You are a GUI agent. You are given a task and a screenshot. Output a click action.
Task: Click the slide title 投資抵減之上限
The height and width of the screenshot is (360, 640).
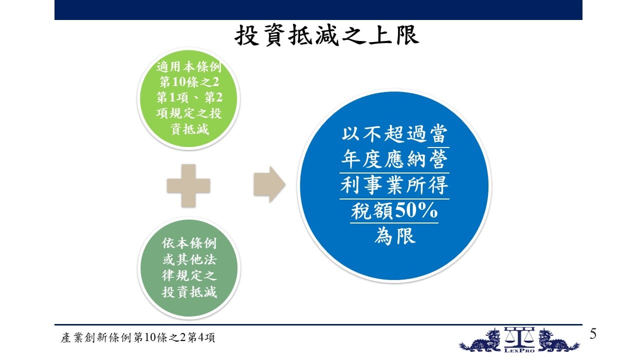click(x=327, y=35)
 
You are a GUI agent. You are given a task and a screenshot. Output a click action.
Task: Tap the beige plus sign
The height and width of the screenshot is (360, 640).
click(x=188, y=185)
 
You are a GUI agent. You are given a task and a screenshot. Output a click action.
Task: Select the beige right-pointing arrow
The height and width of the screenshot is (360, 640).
click(x=269, y=184)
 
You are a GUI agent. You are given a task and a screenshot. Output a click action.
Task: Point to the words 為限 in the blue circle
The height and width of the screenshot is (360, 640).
click(x=394, y=236)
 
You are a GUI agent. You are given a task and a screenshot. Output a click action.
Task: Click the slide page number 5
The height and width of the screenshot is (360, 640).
click(x=593, y=334)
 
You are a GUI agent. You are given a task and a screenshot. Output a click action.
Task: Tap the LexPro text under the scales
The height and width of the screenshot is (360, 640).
click(x=519, y=350)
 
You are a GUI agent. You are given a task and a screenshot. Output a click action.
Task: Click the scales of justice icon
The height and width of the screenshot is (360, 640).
click(x=519, y=337)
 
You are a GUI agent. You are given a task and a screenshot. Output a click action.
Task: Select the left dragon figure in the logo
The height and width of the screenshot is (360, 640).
click(x=480, y=340)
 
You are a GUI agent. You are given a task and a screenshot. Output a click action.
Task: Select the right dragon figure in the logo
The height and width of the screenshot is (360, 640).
click(x=559, y=340)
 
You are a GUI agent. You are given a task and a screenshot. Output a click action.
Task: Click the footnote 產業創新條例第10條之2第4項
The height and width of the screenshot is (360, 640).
click(x=137, y=337)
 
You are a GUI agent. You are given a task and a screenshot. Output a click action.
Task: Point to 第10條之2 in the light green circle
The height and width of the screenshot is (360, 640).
click(x=189, y=82)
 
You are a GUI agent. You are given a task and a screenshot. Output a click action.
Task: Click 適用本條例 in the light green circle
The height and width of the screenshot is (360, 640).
click(x=189, y=66)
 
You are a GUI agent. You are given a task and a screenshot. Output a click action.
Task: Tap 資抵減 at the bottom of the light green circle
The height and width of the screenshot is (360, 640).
click(x=189, y=129)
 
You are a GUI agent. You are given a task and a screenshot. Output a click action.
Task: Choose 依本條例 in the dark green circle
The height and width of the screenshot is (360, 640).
click(x=189, y=243)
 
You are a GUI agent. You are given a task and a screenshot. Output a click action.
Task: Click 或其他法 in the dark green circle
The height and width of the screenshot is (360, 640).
click(x=189, y=259)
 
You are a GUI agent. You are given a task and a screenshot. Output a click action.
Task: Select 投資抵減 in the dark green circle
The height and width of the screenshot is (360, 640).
click(x=189, y=292)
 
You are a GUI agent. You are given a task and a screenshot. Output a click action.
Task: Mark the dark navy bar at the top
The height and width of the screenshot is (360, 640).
click(x=318, y=10)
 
